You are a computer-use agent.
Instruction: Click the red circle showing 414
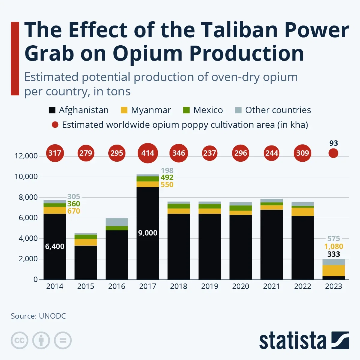[x=148, y=153]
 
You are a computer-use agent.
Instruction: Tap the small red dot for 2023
[x=333, y=153]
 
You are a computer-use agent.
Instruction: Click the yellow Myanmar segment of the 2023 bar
[x=333, y=270]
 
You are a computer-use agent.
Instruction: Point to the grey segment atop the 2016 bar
[x=117, y=222]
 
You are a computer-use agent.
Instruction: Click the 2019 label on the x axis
[x=209, y=286]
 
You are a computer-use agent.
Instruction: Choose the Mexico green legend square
[x=186, y=110]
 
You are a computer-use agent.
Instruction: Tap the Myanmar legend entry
[x=151, y=110]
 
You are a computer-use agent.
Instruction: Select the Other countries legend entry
[x=278, y=110]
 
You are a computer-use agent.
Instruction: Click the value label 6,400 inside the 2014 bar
[x=55, y=247]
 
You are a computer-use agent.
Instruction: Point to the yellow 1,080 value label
[x=333, y=247]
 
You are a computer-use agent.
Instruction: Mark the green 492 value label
[x=167, y=178]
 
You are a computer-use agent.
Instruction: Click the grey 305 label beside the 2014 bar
[x=73, y=197]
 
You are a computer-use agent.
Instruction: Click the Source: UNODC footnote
[x=38, y=316]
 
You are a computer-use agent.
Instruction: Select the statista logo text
[x=292, y=341]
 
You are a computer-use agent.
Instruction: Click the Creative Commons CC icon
[x=19, y=340]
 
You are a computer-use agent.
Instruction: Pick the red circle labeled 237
[x=209, y=153]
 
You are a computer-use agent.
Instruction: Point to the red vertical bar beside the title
[x=15, y=58]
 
